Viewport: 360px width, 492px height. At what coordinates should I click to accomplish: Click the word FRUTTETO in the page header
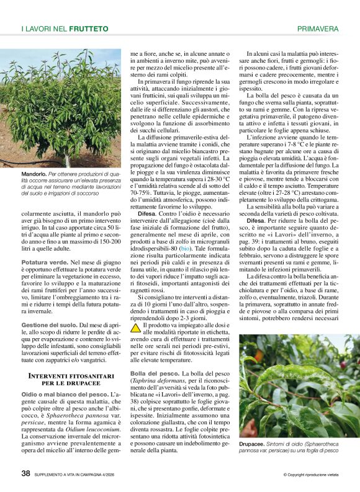[x=88, y=29]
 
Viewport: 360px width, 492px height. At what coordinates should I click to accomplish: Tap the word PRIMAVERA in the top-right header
[x=317, y=29]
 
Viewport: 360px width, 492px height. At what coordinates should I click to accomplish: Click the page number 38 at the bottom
[x=25, y=473]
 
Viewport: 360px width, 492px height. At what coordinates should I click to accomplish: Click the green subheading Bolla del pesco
[x=154, y=373]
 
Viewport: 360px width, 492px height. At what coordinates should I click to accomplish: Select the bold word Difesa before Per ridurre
[x=258, y=220]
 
